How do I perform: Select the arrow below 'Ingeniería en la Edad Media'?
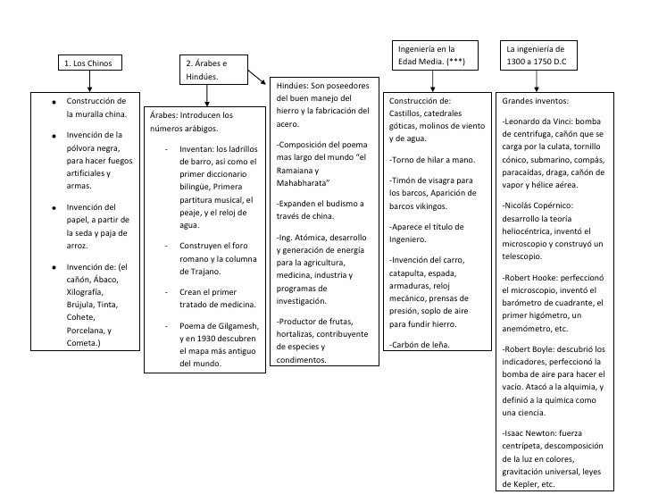432,81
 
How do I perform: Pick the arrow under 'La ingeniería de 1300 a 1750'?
536,81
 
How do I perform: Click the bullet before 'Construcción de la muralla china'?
55,101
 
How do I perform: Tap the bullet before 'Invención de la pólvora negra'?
55,136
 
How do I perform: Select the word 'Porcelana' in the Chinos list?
87,330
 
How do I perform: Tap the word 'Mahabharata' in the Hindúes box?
301,183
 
